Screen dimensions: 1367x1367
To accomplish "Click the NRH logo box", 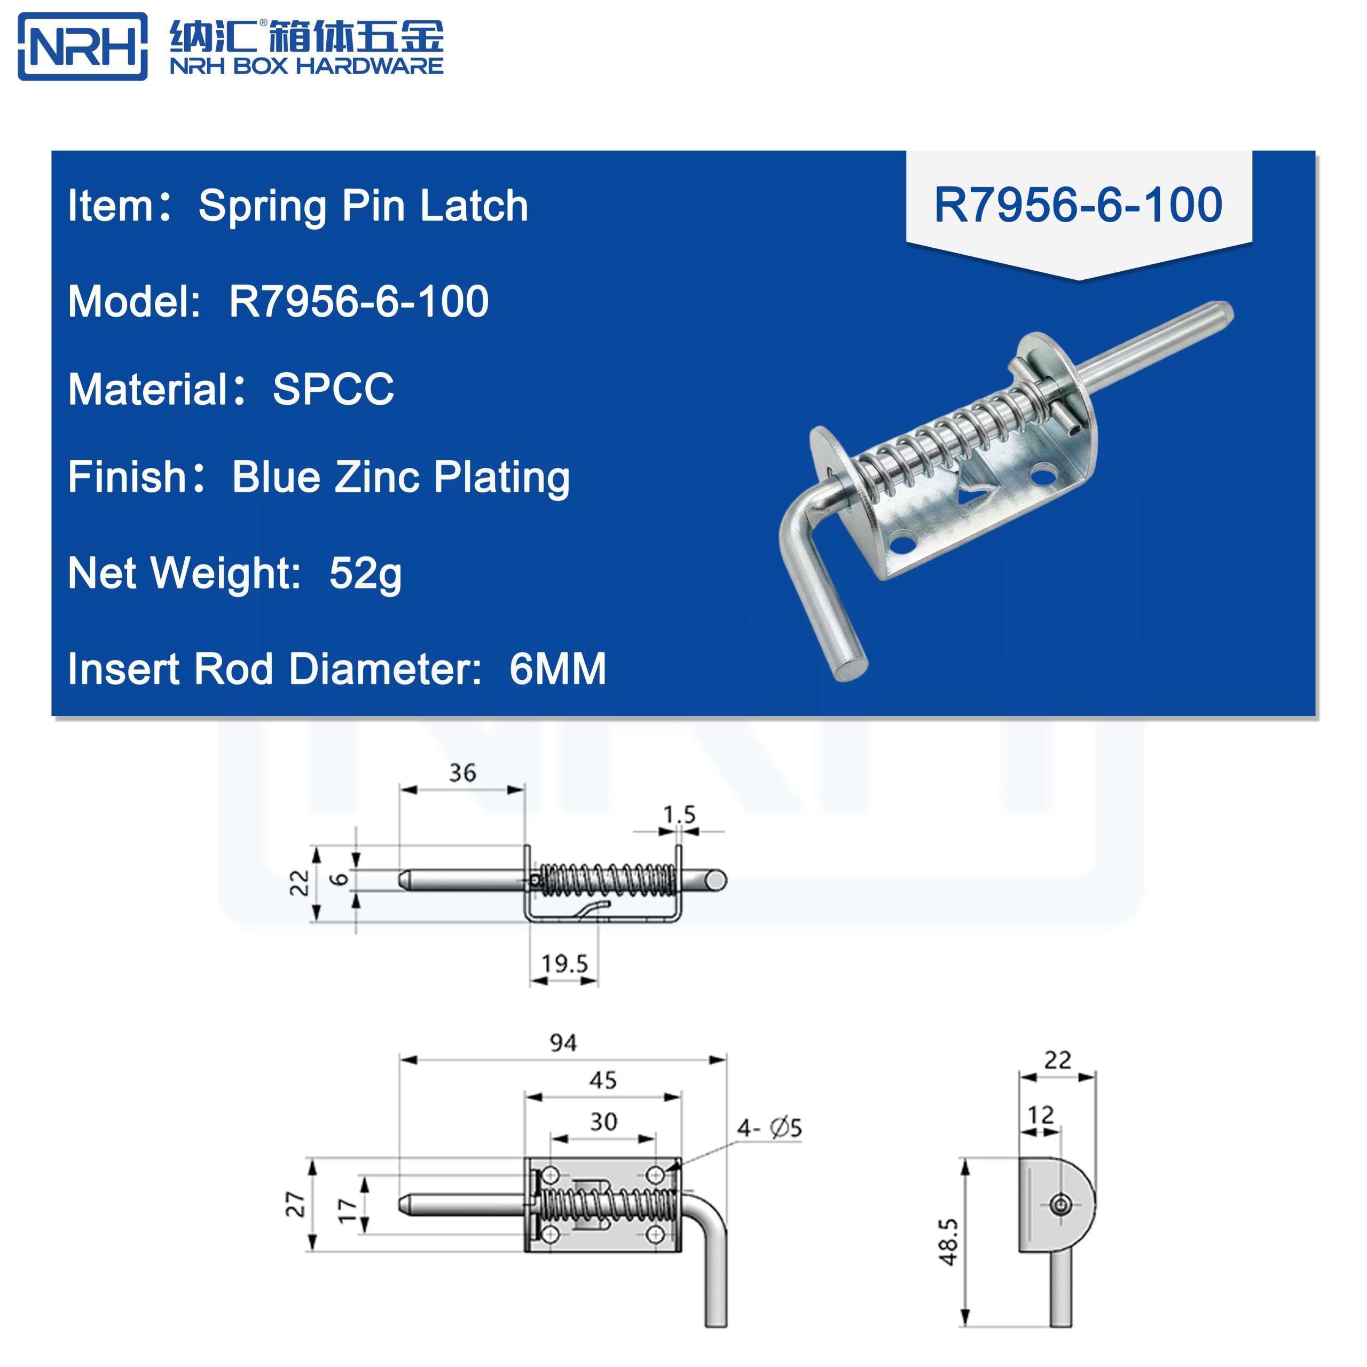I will pyautogui.click(x=82, y=46).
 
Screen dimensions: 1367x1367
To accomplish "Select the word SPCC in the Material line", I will pyautogui.click(x=333, y=389).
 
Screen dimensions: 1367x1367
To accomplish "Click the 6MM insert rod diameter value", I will pyautogui.click(x=557, y=669).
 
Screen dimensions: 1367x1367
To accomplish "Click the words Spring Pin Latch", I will pyautogui.click(x=363, y=206).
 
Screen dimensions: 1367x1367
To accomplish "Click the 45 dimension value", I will pyautogui.click(x=603, y=1080).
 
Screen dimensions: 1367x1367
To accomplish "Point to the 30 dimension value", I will pyautogui.click(x=603, y=1121).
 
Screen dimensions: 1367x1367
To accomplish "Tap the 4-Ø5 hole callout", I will pyautogui.click(x=769, y=1128).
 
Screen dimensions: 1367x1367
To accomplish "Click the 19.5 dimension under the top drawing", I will pyautogui.click(x=564, y=964).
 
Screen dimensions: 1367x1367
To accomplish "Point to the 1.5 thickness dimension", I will pyautogui.click(x=679, y=814).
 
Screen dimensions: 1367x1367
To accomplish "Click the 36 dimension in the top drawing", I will pyautogui.click(x=463, y=773).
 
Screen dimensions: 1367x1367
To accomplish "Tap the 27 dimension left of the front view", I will pyautogui.click(x=295, y=1204).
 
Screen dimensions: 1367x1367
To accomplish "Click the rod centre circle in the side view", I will pyautogui.click(x=1060, y=1204).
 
